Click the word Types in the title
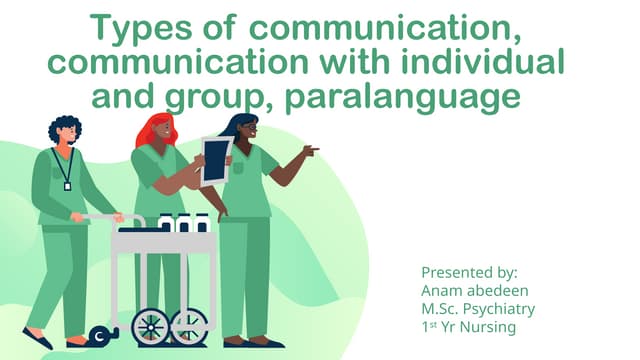pyautogui.click(x=131, y=26)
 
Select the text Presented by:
pyautogui.click(x=469, y=272)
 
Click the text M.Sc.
pyautogui.click(x=441, y=309)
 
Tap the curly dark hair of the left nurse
pyautogui.click(x=63, y=127)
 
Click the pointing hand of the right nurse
pyautogui.click(x=310, y=151)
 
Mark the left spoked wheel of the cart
pyautogui.click(x=151, y=326)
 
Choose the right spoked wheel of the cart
pyautogui.click(x=189, y=326)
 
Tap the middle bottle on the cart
pyautogui.click(x=184, y=223)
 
